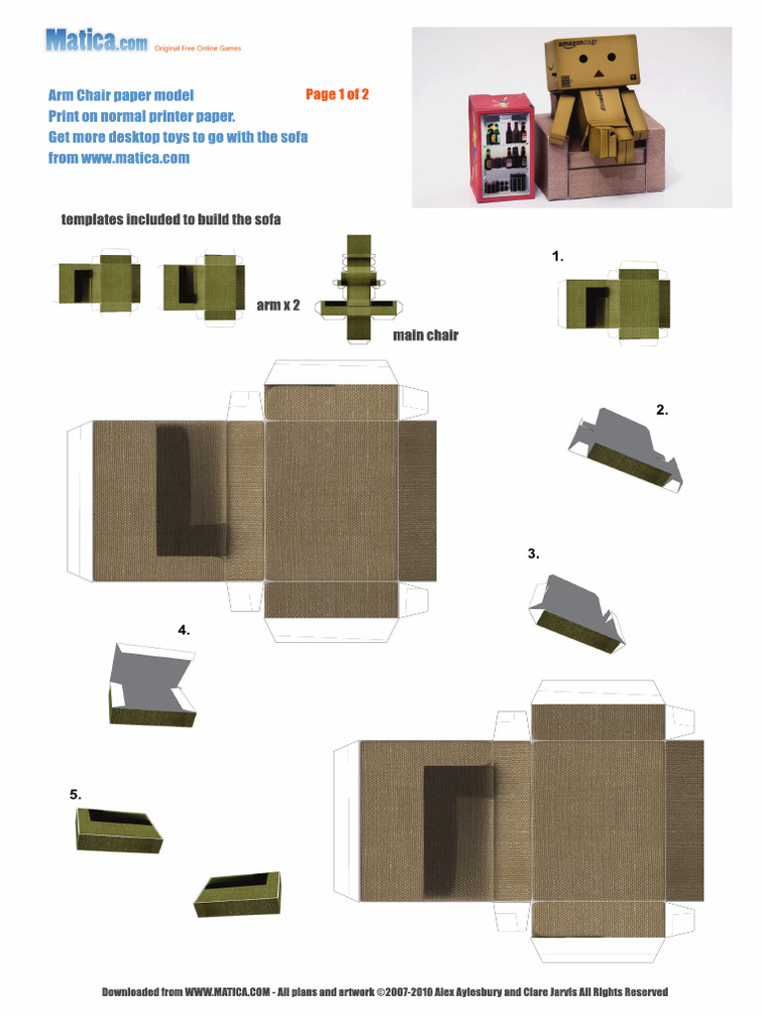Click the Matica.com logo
click(96, 41)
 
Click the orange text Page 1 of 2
click(337, 95)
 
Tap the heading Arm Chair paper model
click(120, 96)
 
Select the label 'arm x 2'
click(278, 305)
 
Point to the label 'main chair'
click(425, 335)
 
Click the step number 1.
click(558, 256)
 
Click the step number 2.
click(662, 409)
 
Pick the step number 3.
click(534, 554)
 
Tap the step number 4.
click(184, 629)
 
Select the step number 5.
click(75, 794)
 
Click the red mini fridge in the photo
click(500, 147)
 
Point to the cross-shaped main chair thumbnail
click(357, 289)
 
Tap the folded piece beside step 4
click(150, 686)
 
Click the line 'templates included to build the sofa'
click(171, 219)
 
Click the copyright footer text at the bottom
click(385, 991)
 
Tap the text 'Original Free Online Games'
click(197, 48)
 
